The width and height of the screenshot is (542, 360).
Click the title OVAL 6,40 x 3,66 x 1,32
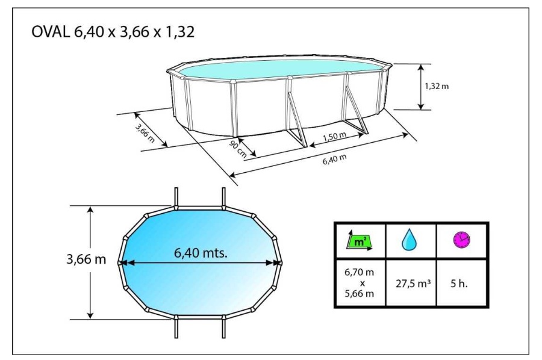pos(113,32)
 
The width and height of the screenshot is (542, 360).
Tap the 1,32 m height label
pos(437,86)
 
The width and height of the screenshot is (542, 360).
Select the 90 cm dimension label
pos(238,149)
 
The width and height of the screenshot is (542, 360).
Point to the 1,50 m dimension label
pos(334,136)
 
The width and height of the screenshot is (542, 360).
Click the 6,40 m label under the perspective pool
pos(334,160)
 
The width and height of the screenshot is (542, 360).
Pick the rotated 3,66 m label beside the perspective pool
pos(145,133)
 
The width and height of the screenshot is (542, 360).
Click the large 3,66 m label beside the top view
pos(86,259)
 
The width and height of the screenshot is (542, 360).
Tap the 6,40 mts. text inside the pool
pos(201,253)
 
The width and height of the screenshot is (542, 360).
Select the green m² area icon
pos(360,241)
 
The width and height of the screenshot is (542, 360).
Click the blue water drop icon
pos(409,240)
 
